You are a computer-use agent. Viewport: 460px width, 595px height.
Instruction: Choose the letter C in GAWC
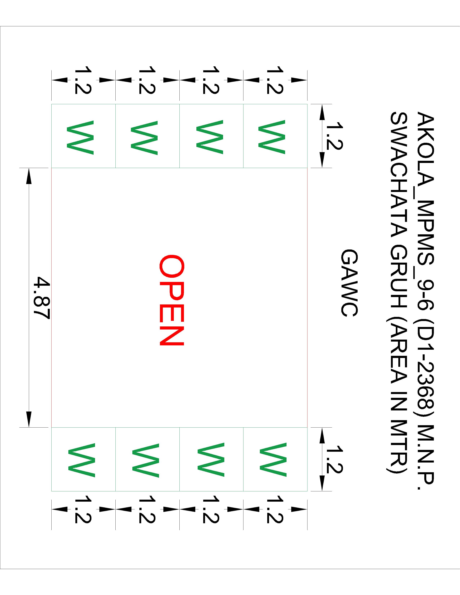(x=349, y=309)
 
